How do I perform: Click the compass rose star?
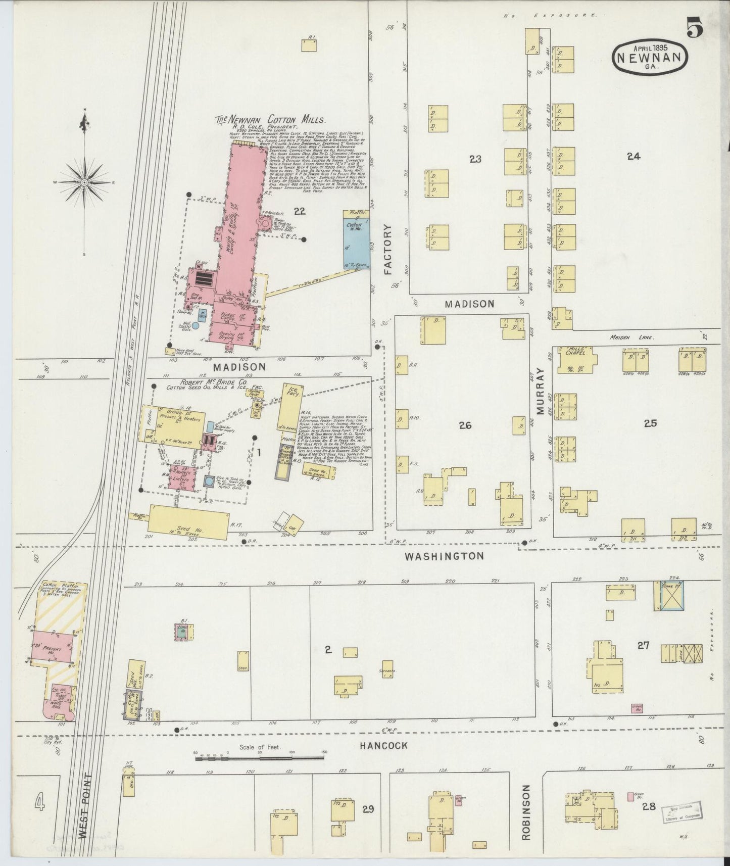[x=84, y=181]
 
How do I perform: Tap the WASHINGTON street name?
[x=444, y=556]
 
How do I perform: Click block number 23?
[x=475, y=160]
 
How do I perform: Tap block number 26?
[x=465, y=425]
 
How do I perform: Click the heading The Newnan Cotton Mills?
[x=271, y=120]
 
